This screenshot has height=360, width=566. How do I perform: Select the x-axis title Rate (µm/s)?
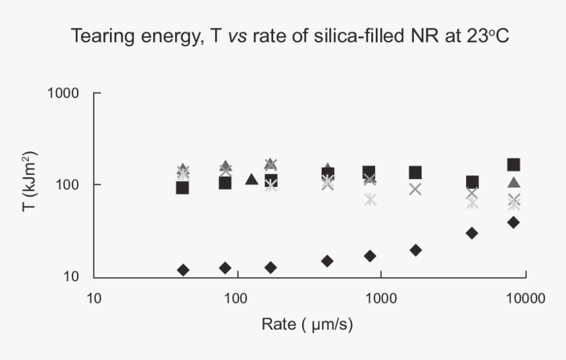[x=310, y=324]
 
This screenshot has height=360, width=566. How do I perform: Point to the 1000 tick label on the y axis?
[x=64, y=93]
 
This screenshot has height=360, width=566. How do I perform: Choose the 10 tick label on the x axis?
[x=93, y=297]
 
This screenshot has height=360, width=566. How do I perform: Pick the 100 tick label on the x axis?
[x=236, y=297]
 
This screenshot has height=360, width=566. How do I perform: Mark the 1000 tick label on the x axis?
[x=380, y=297]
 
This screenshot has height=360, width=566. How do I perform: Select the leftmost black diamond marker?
[x=183, y=270]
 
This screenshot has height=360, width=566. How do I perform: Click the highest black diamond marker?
[x=514, y=222]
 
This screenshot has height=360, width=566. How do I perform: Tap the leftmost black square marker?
[x=182, y=188]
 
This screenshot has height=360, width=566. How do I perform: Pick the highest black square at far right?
[x=514, y=165]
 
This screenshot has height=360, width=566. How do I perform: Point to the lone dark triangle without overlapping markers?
[x=251, y=179]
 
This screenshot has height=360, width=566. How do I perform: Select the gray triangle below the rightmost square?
[x=514, y=182]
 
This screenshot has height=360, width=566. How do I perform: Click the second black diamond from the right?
[x=471, y=233]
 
